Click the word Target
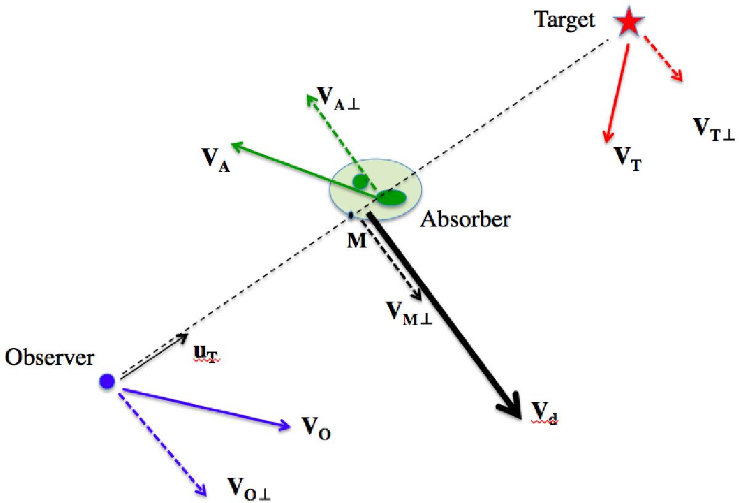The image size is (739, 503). tap(565, 20)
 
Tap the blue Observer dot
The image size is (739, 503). tap(107, 382)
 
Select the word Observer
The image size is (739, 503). tap(49, 357)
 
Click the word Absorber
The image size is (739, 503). tap(466, 219)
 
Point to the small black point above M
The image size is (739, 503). tap(351, 215)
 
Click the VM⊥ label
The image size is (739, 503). tap(409, 313)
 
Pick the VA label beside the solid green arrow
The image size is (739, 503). tap(216, 160)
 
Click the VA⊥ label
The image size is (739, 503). tap(337, 99)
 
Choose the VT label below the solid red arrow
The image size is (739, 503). tap(628, 159)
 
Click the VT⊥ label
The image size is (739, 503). tap(714, 130)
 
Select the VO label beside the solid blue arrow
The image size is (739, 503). tap(316, 428)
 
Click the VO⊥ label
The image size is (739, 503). tap(249, 488)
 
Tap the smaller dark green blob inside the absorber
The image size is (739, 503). tap(361, 181)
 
